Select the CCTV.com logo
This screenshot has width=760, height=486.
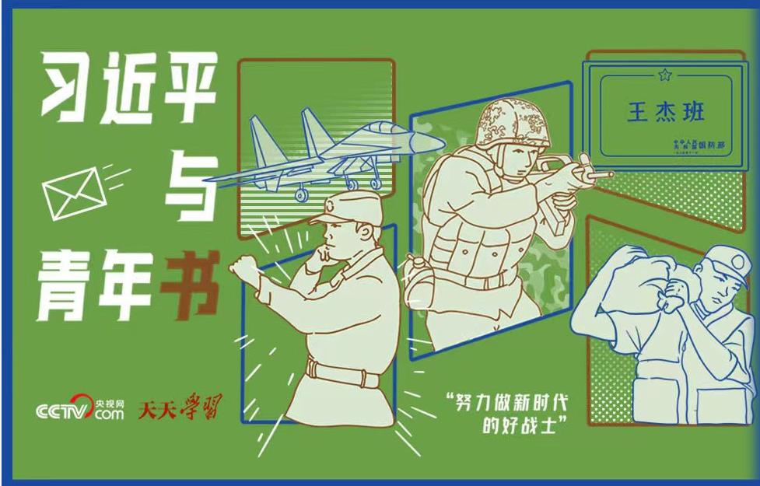coord(80,407)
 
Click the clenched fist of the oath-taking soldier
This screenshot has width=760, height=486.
coord(243,272)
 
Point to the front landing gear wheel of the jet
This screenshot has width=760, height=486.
coord(352,184)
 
